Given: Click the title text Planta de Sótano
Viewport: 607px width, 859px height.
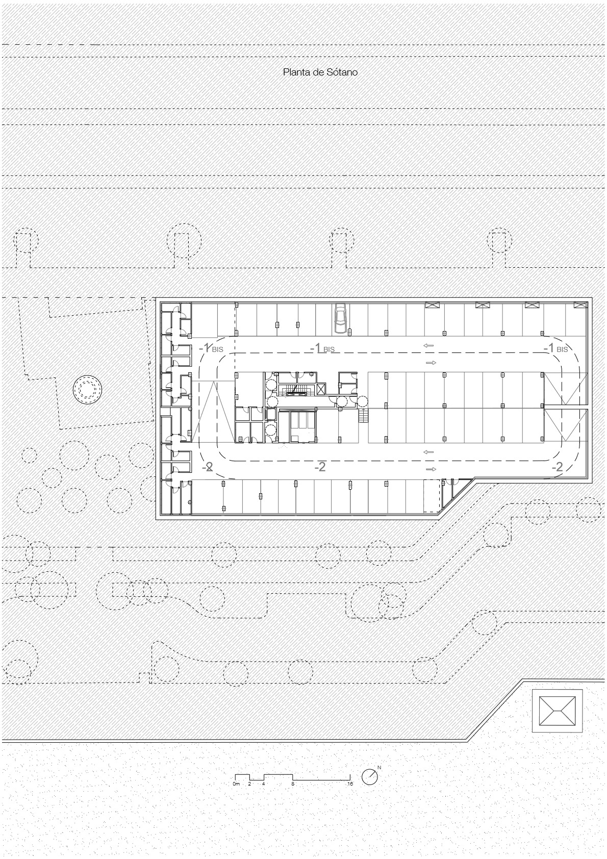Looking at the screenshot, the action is [x=320, y=72].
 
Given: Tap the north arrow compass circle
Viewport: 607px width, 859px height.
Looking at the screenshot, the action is [x=370, y=777].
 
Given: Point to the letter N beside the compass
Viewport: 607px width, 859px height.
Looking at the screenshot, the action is [x=379, y=767].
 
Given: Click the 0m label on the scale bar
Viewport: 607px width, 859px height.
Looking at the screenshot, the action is [x=236, y=784].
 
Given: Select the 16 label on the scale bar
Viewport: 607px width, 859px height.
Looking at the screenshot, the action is [x=350, y=784].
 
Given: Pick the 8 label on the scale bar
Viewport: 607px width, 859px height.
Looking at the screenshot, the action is [x=293, y=784].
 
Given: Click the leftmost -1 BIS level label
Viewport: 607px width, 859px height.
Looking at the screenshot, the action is [x=211, y=348].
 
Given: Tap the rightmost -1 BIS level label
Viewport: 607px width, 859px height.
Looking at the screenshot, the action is [x=555, y=348].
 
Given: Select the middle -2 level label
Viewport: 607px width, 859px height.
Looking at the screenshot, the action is [x=320, y=467].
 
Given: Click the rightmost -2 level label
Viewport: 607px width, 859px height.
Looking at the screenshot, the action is [x=557, y=467].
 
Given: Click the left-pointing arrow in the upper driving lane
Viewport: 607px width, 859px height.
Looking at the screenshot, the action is [x=428, y=345].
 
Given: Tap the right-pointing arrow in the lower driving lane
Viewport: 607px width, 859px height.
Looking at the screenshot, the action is [x=431, y=469].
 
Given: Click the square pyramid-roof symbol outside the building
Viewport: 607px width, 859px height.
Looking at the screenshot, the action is [x=557, y=711].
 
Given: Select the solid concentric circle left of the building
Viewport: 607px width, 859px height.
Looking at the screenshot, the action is [x=87, y=390].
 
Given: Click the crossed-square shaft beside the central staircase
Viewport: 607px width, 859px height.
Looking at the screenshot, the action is [x=321, y=390].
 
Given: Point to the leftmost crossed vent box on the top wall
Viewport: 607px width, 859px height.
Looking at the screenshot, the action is [x=432, y=305].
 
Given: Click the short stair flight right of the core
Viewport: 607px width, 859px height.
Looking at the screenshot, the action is [x=363, y=415].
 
